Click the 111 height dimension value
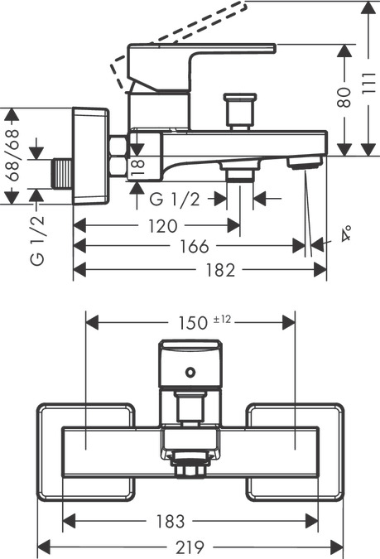click(369, 83)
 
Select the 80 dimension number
click(344, 97)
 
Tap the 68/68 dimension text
click(12, 155)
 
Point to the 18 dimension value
click(137, 166)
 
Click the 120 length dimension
click(162, 226)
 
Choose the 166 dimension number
click(195, 246)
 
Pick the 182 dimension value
click(221, 270)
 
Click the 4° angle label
click(345, 234)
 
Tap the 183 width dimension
click(171, 522)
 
